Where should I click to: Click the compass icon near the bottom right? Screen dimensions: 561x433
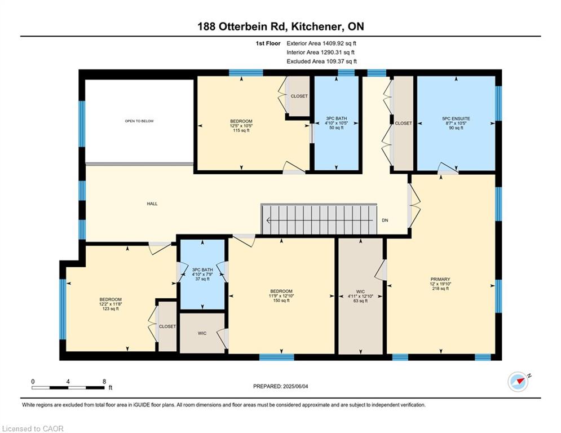point(518,382)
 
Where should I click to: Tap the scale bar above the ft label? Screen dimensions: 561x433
point(68,387)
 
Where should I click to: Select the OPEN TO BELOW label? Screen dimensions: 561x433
point(139,121)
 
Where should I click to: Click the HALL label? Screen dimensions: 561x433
point(152,204)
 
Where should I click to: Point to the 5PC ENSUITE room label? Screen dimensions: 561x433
point(456,118)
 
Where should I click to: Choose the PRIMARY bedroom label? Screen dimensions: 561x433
point(440,279)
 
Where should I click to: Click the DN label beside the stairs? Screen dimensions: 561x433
point(385,220)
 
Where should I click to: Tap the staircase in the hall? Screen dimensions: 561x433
point(319,219)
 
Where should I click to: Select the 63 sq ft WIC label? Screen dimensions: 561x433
point(360,297)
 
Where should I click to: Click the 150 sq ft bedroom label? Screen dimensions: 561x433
point(281,296)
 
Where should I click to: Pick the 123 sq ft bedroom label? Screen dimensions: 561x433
point(111,304)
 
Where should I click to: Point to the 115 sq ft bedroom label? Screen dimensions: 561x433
point(241,126)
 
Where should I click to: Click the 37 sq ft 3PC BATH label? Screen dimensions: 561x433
point(202,274)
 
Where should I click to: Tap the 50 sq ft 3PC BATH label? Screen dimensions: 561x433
point(336,123)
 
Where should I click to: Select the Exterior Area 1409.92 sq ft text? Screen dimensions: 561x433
point(321,43)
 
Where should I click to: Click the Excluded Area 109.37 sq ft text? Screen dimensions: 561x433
point(321,61)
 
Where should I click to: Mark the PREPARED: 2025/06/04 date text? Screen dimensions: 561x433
point(281,386)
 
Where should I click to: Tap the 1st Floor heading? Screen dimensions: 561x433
point(268,43)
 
